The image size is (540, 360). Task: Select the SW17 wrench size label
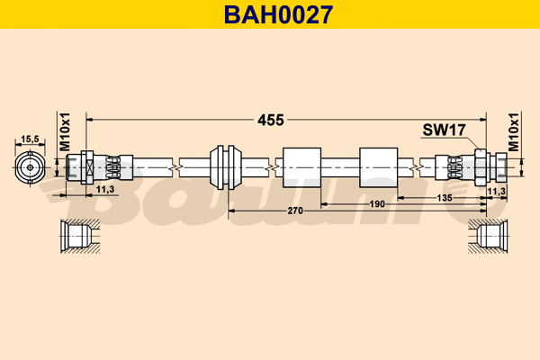[443, 130]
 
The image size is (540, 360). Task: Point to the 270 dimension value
[294, 210]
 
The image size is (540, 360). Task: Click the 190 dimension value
[377, 203]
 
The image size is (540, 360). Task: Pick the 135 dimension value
[445, 196]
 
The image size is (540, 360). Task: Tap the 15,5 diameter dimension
[31, 139]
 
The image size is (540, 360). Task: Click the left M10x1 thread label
[65, 132]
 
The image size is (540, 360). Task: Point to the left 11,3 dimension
[104, 189]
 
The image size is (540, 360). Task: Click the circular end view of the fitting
[31, 166]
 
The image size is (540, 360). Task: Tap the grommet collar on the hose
[225, 166]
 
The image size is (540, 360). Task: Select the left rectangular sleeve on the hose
[301, 167]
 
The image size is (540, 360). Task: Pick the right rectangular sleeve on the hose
[379, 167]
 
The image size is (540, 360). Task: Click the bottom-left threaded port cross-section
[76, 236]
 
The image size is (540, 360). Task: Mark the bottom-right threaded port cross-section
[488, 236]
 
